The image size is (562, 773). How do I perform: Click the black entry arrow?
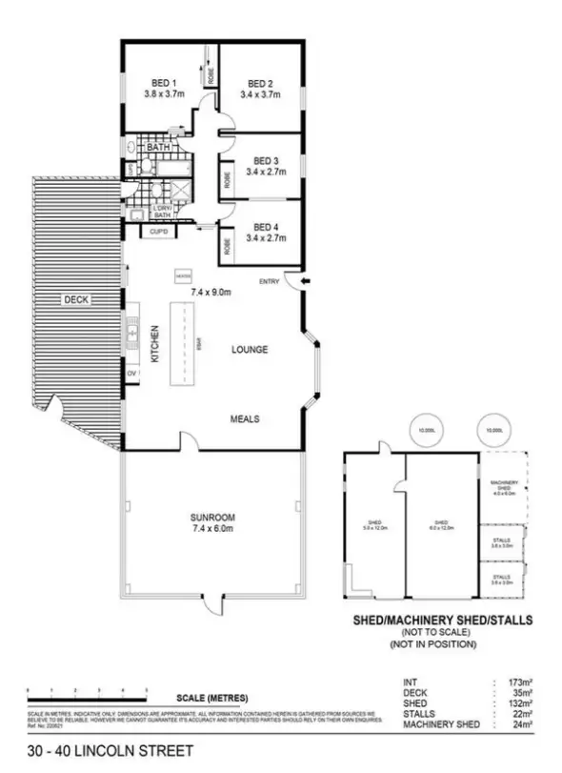[306, 280]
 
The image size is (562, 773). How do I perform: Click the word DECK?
[75, 300]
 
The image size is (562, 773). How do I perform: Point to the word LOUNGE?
[250, 350]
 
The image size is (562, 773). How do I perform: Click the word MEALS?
[246, 418]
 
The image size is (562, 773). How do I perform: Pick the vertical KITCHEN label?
[153, 345]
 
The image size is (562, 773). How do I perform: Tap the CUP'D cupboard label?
[156, 231]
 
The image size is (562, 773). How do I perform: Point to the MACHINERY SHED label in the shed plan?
[502, 488]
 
